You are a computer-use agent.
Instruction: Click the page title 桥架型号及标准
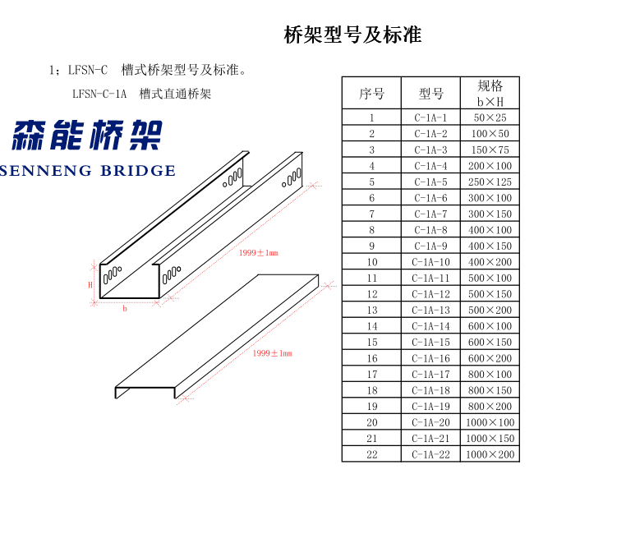(352, 35)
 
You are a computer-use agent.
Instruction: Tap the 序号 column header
(371, 94)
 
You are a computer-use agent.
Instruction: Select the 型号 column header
(430, 94)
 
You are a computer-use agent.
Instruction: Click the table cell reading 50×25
(490, 117)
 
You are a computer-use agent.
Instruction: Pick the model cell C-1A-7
(430, 214)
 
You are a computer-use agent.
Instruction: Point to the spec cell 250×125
(490, 182)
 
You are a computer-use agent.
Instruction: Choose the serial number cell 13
(372, 311)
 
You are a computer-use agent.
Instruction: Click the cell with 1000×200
(490, 454)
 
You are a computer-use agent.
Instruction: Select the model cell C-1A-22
(430, 454)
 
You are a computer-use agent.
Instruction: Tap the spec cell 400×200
(490, 262)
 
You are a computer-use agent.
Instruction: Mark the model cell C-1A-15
(430, 343)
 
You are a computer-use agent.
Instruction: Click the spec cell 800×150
(490, 390)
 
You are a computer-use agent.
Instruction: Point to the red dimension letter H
(90, 285)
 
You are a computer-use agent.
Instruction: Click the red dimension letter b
(125, 308)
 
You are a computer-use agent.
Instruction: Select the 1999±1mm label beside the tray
(259, 253)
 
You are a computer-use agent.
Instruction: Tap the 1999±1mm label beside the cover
(272, 353)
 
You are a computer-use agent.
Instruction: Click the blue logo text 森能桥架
(87, 135)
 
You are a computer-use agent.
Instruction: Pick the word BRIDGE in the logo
(138, 171)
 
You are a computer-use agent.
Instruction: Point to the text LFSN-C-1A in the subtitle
(99, 94)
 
